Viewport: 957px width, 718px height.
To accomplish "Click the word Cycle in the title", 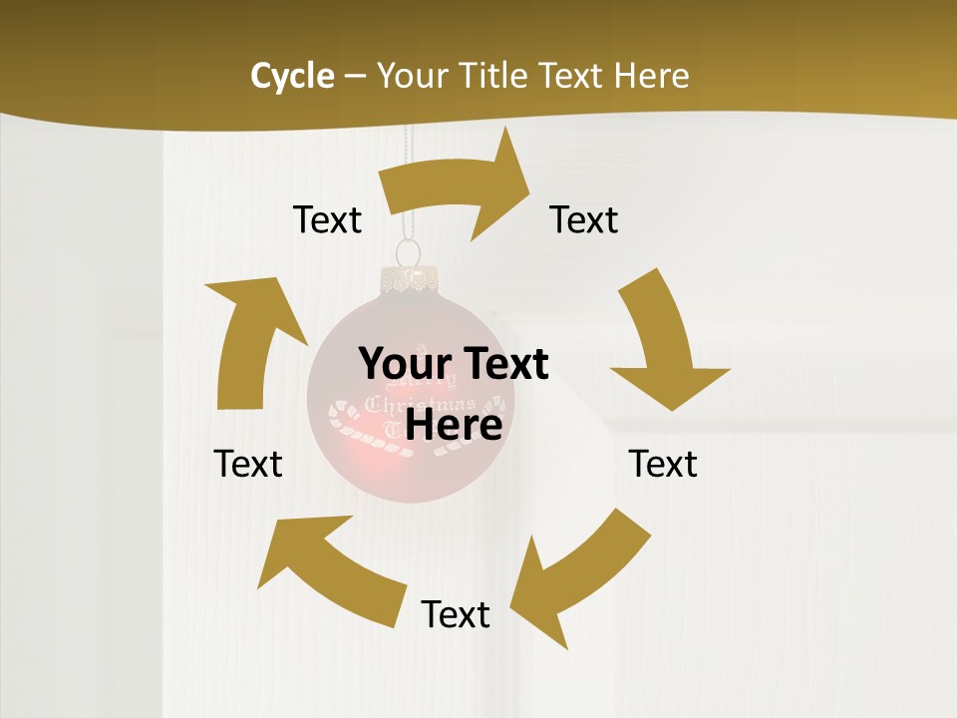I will (x=292, y=76).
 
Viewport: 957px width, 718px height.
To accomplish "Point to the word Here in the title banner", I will (x=652, y=76).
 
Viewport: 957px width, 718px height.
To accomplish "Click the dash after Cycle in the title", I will (x=355, y=77).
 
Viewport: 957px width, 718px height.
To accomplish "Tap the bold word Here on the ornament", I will (x=454, y=426).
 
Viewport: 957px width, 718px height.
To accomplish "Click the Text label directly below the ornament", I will (x=456, y=615).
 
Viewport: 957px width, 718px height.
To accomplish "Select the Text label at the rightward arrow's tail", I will (x=327, y=219).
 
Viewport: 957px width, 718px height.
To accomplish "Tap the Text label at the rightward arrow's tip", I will (x=584, y=219).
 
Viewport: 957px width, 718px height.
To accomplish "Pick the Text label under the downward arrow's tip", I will (x=663, y=464).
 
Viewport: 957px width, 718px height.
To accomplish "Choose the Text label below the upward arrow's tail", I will (x=248, y=464).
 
